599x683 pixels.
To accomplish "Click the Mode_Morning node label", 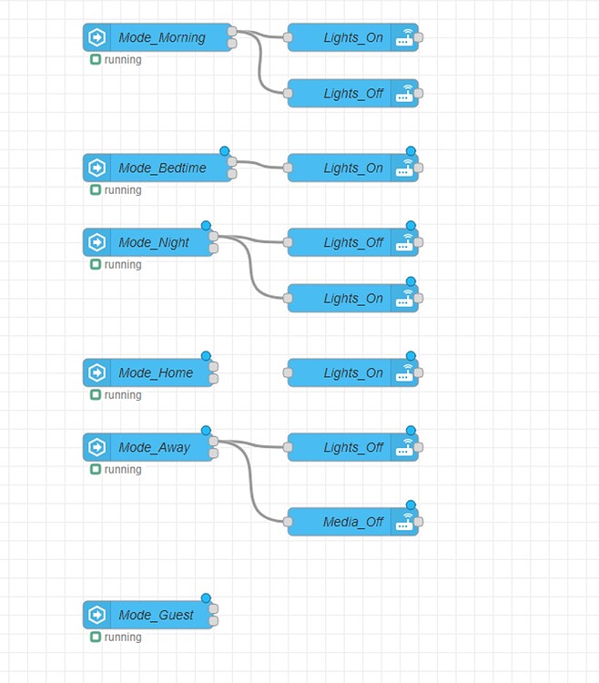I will pyautogui.click(x=162, y=38).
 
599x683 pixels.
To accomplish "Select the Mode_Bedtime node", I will pyautogui.click(x=162, y=168).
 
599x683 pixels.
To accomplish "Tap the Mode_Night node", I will pyautogui.click(x=154, y=243).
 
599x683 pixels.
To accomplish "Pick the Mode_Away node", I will pyautogui.click(x=154, y=448).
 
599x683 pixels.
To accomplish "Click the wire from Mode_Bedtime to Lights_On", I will pyautogui.click(x=259, y=166).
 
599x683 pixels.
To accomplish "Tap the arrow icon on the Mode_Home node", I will pyautogui.click(x=96, y=373).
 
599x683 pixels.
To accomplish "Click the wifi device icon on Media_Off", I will pyautogui.click(x=404, y=523).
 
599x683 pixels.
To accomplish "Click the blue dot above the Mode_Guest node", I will pyautogui.click(x=206, y=598).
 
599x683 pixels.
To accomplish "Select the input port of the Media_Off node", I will pyautogui.click(x=288, y=523).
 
